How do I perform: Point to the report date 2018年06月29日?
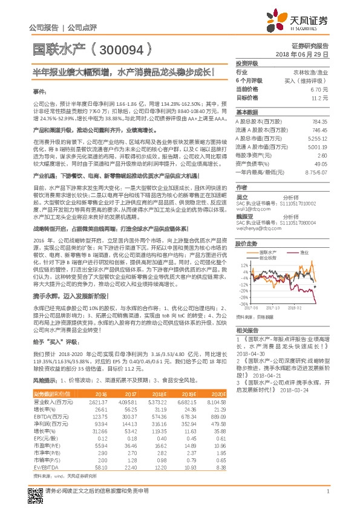(309, 54)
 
